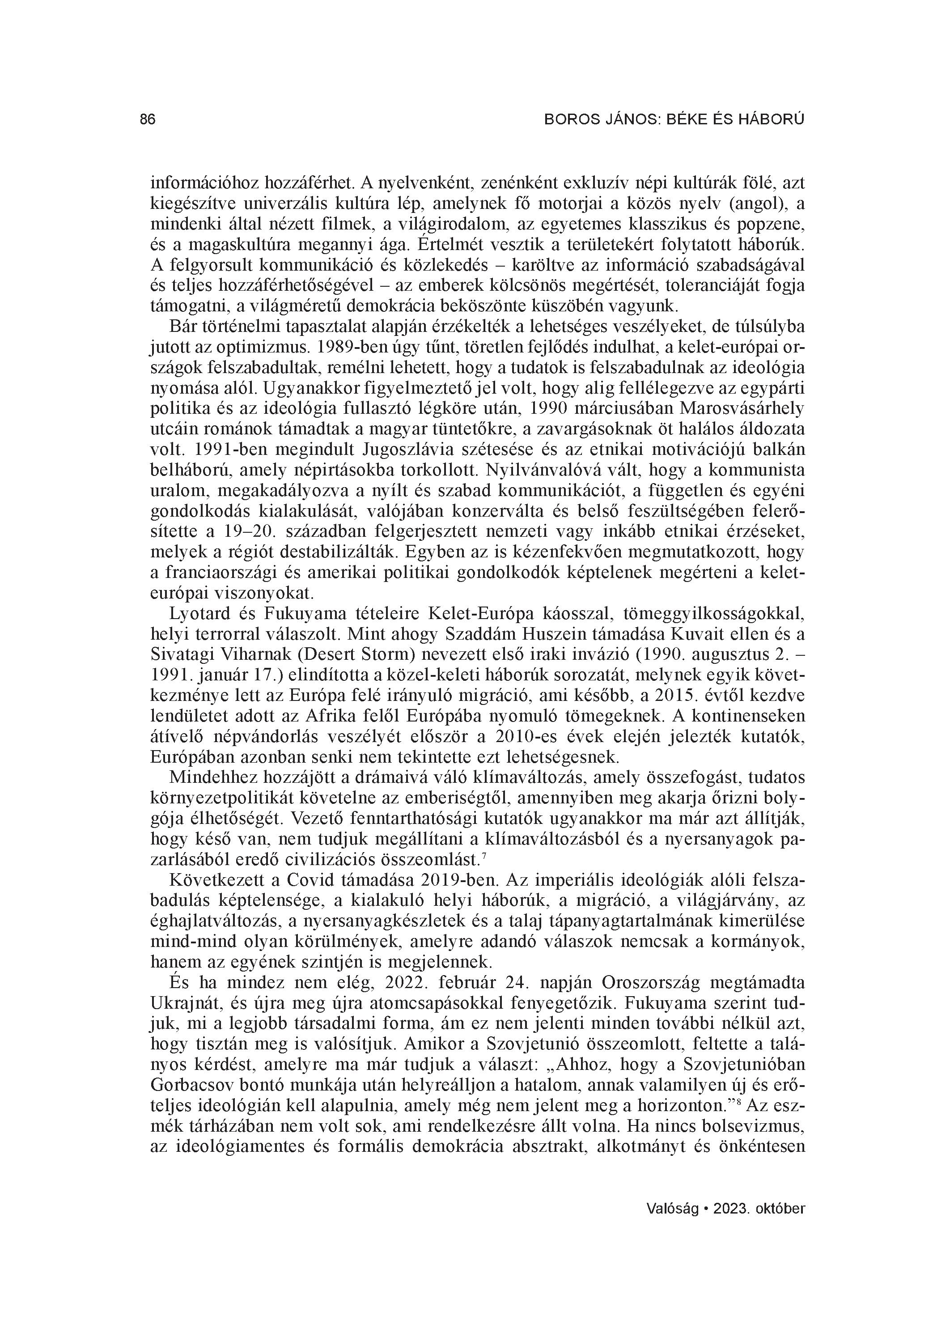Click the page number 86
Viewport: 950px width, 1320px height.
tap(148, 120)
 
